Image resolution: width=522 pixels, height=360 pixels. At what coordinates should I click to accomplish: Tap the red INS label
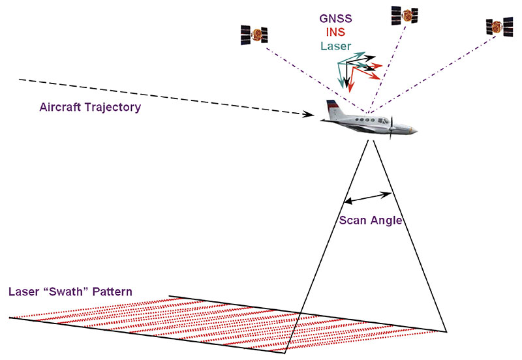(336, 33)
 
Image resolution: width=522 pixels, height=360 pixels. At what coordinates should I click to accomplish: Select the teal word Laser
(336, 46)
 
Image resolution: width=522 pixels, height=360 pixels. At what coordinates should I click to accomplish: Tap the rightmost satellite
(499, 27)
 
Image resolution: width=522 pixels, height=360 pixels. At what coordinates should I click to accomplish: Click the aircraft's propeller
(391, 126)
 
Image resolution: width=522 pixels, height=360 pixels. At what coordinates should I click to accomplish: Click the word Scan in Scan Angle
(353, 220)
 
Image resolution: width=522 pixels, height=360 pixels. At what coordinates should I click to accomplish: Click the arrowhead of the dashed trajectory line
(312, 116)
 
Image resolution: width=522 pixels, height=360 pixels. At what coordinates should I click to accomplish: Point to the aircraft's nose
(414, 132)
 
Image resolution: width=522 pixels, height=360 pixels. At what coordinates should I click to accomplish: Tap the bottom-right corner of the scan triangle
(446, 331)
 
